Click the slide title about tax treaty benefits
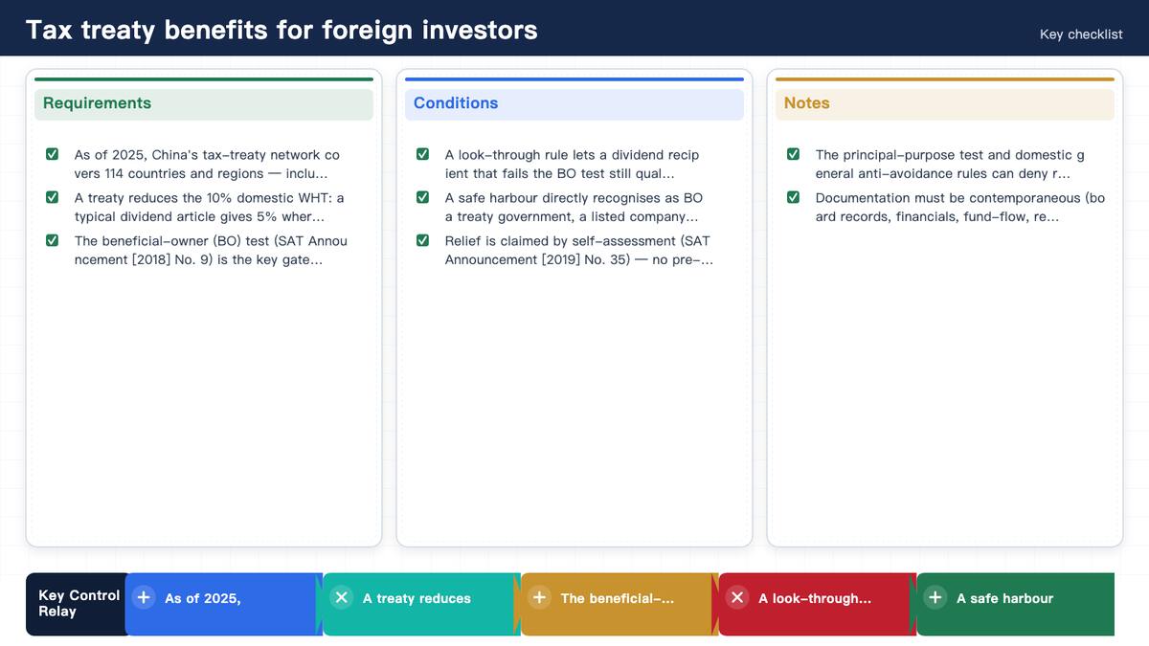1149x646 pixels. pyautogui.click(x=282, y=30)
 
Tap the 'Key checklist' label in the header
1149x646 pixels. pyautogui.click(x=1081, y=34)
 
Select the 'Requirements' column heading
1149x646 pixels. pyautogui.click(x=97, y=103)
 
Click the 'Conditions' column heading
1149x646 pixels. pyautogui.click(x=456, y=103)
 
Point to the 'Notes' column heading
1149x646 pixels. pyautogui.click(x=806, y=103)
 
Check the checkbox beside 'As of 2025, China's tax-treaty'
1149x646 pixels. pyautogui.click(x=52, y=154)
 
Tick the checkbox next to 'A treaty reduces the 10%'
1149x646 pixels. pyautogui.click(x=52, y=197)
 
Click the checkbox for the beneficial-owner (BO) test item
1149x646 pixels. pyautogui.click(x=52, y=240)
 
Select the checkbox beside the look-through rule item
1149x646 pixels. pyautogui.click(x=422, y=154)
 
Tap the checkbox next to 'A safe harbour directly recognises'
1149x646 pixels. pyautogui.click(x=422, y=197)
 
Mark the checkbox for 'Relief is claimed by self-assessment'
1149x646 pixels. pyautogui.click(x=422, y=240)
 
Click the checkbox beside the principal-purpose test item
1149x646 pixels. pyautogui.click(x=793, y=154)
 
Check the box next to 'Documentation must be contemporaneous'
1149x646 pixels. pyautogui.click(x=793, y=197)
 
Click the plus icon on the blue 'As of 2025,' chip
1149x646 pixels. pyautogui.click(x=144, y=597)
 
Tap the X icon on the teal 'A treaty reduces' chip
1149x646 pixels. pyautogui.click(x=341, y=597)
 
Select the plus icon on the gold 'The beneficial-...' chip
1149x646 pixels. pyautogui.click(x=539, y=597)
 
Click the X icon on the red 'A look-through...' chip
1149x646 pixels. pyautogui.click(x=737, y=597)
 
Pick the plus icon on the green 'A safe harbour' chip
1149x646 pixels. pyautogui.click(x=935, y=597)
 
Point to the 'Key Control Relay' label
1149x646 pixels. pyautogui.click(x=79, y=604)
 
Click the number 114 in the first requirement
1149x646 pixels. pyautogui.click(x=114, y=174)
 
